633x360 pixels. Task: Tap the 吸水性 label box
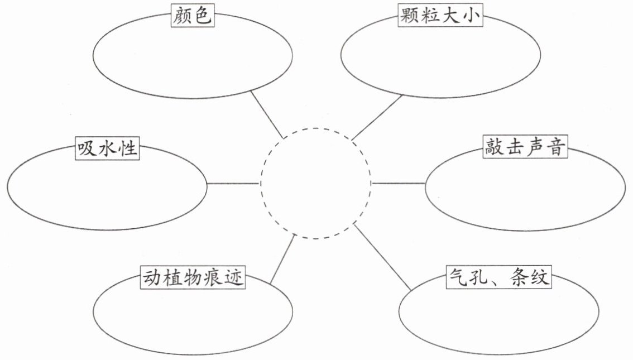107,149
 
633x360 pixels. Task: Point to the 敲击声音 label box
525,147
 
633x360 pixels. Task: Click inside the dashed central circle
315,184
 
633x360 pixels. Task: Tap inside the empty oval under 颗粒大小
440,56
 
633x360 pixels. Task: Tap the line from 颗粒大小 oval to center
377,117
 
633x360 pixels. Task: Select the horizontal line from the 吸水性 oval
233,184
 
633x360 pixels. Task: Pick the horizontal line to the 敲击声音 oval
398,183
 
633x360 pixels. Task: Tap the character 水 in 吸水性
107,149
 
